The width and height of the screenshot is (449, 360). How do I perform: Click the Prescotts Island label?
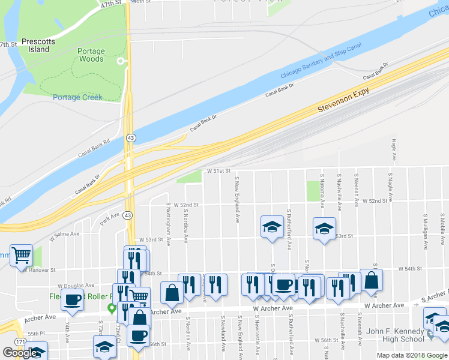tap(38, 46)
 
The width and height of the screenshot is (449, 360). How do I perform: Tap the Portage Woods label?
tap(91, 55)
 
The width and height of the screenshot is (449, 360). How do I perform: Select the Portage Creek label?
tap(78, 97)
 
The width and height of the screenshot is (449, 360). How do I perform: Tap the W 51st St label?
tap(218, 171)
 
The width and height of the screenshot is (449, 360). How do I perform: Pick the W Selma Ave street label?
tap(64, 234)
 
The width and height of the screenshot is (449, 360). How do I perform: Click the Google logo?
tap(20, 353)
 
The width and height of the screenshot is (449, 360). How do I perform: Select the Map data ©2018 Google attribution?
tap(412, 355)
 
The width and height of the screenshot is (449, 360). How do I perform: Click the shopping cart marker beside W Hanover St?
tap(21, 255)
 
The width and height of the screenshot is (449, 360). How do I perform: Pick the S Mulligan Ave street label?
tap(426, 229)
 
